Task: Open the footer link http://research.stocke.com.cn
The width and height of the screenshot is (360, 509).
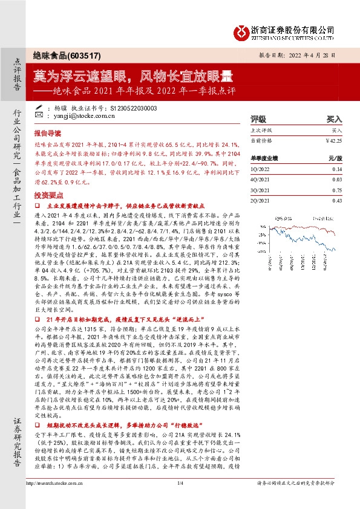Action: (60, 499)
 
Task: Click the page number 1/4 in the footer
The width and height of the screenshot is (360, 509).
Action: (180, 499)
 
